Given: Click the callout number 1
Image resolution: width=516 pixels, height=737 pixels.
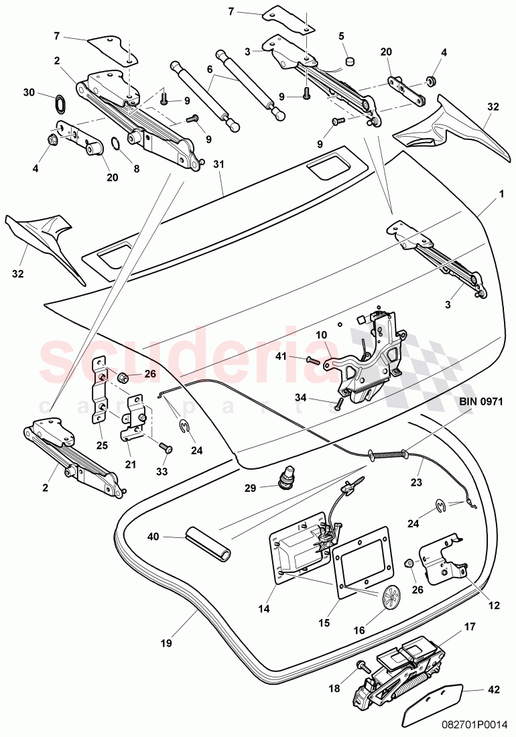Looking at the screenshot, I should [501, 196].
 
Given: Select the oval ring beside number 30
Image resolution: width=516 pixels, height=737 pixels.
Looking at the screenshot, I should [59, 105].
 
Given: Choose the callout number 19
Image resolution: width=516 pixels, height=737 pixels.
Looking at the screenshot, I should [166, 643].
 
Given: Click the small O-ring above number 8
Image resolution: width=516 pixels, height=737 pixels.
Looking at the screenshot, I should [115, 143].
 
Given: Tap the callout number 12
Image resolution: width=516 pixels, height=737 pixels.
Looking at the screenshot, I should [494, 606].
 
